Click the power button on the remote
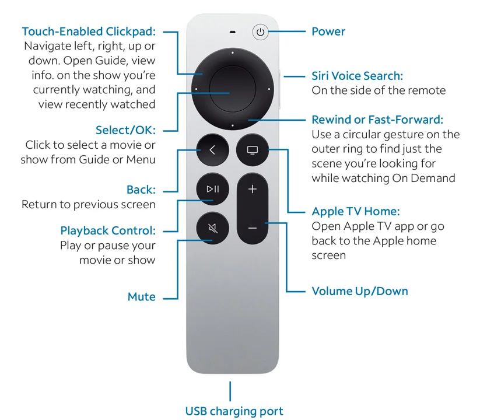click(x=260, y=32)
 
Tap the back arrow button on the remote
click(x=212, y=150)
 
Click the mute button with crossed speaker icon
click(x=212, y=227)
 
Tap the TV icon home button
click(x=253, y=150)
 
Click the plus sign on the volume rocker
click(x=253, y=190)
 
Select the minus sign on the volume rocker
click(x=253, y=228)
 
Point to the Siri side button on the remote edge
click(x=281, y=90)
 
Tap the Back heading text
click(x=141, y=190)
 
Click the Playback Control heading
click(x=108, y=230)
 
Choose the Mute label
click(x=142, y=297)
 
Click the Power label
click(x=328, y=32)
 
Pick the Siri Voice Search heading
click(x=357, y=76)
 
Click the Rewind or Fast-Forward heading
click(x=377, y=120)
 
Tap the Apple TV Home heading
click(x=356, y=212)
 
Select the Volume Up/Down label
click(x=360, y=291)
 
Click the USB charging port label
click(x=234, y=411)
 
